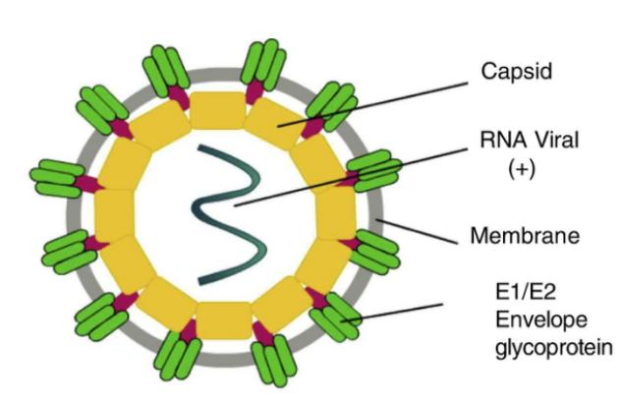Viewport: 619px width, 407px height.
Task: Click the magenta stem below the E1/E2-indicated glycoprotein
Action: click(317, 298)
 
